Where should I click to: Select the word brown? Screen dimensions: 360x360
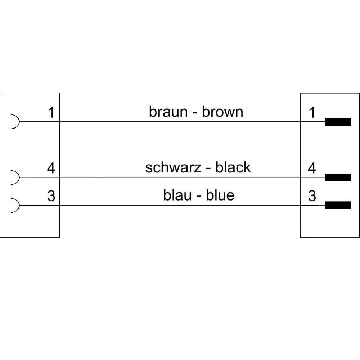pyautogui.click(x=222, y=112)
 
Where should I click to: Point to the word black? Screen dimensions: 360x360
pyautogui.click(x=233, y=167)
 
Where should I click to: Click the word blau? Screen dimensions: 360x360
pyautogui.click(x=176, y=195)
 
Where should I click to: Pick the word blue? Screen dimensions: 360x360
pyautogui.click(x=220, y=195)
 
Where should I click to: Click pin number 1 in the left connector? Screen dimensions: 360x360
pyautogui.click(x=51, y=113)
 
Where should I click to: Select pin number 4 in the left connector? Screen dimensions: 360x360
pyautogui.click(x=51, y=168)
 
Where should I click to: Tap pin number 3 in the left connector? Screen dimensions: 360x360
pyautogui.click(x=51, y=196)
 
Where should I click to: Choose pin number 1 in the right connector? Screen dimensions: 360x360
pyautogui.click(x=312, y=113)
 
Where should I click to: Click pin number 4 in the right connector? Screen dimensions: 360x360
pyautogui.click(x=312, y=168)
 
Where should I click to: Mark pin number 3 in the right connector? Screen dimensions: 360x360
pyautogui.click(x=312, y=196)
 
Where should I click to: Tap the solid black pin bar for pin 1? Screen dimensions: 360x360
pyautogui.click(x=338, y=122)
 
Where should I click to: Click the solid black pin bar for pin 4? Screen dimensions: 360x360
pyautogui.click(x=338, y=177)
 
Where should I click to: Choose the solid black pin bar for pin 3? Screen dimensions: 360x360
pyautogui.click(x=338, y=205)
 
